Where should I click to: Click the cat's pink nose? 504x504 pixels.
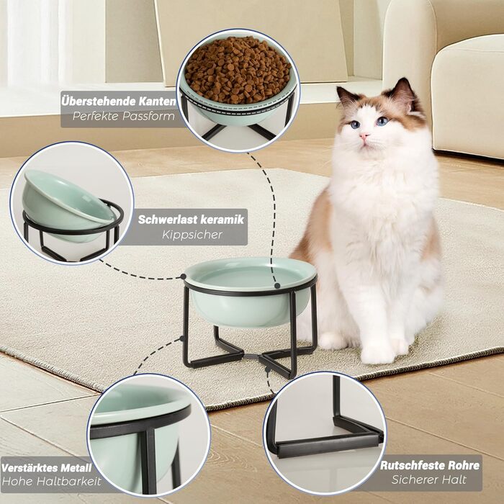coord(364,136)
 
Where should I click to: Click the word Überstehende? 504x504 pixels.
coord(99,102)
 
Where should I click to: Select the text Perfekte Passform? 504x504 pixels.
coord(124,116)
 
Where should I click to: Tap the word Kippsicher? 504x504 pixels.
coord(192,235)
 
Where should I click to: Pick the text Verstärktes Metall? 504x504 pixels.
coord(47,468)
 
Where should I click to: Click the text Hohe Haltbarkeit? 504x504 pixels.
coord(51,482)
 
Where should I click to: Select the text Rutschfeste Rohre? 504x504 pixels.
coord(430,465)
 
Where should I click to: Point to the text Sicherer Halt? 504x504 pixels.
coord(429,480)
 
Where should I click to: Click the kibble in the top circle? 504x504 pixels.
coord(238,69)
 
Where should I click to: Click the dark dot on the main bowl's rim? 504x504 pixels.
coord(277,285)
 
